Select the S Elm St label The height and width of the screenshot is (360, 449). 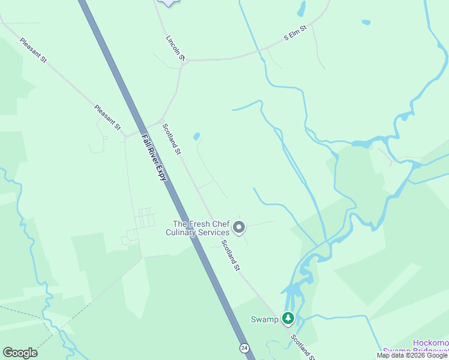[295, 33]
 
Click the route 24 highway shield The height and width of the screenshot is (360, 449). [244, 348]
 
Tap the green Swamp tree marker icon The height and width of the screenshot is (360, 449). [289, 319]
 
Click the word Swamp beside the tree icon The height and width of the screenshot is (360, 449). [264, 319]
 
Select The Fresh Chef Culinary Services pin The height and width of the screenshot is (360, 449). [239, 227]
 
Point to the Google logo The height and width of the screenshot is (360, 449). [20, 353]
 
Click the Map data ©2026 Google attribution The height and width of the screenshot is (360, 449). [412, 355]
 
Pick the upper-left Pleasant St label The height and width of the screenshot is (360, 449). [33, 52]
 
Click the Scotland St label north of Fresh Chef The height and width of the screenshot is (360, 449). [171, 139]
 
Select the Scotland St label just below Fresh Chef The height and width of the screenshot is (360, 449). [231, 255]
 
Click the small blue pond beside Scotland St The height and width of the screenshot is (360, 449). [196, 137]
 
